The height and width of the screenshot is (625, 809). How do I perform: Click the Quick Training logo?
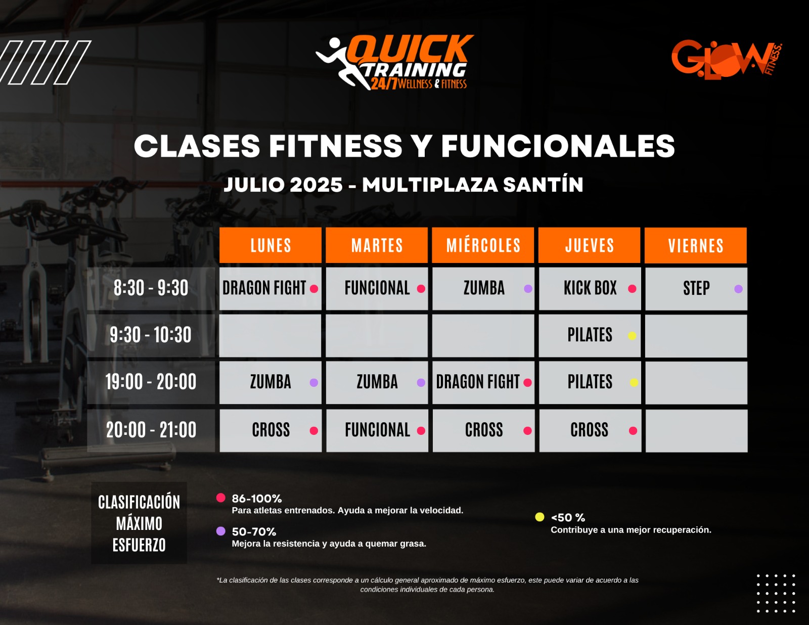tap(394, 62)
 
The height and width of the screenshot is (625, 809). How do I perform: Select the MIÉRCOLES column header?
tap(483, 245)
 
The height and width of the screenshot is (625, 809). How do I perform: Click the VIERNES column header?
tap(695, 246)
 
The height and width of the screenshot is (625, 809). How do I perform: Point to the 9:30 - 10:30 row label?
tap(151, 335)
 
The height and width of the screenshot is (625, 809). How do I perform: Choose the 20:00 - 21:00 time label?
tap(151, 430)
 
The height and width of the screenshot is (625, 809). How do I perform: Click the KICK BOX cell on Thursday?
tap(590, 289)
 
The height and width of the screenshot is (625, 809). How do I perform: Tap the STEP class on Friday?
tap(696, 289)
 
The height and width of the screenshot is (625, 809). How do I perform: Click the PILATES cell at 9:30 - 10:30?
tap(590, 335)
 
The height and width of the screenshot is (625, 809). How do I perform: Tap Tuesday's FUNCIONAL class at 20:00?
tap(377, 430)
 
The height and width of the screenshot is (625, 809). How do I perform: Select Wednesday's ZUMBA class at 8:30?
tap(483, 289)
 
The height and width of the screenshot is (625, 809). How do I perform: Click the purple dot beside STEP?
tap(738, 289)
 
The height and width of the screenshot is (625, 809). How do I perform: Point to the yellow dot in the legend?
tap(540, 517)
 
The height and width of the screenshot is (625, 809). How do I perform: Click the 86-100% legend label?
tap(256, 499)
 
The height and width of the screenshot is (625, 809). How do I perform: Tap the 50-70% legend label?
tap(254, 531)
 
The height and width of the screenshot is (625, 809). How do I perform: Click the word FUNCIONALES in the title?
tap(558, 146)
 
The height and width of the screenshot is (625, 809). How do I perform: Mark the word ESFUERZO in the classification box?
tap(139, 545)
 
